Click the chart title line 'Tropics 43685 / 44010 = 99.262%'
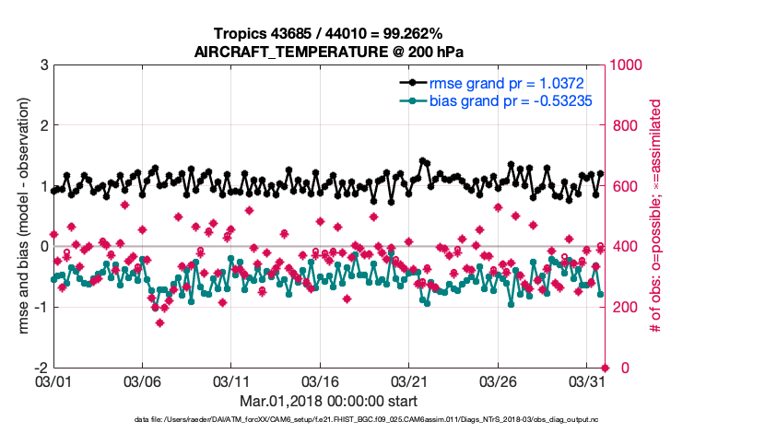click(x=329, y=35)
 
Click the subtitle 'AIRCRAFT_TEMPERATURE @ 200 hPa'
click(x=329, y=52)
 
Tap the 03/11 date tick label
click(x=231, y=380)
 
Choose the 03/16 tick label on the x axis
click(x=320, y=380)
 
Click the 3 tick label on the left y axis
click(x=43, y=65)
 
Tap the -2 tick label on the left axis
click(x=41, y=368)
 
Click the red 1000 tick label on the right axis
click(x=628, y=65)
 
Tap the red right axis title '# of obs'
click(x=656, y=216)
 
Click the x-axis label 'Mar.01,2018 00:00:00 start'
click(x=329, y=401)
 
